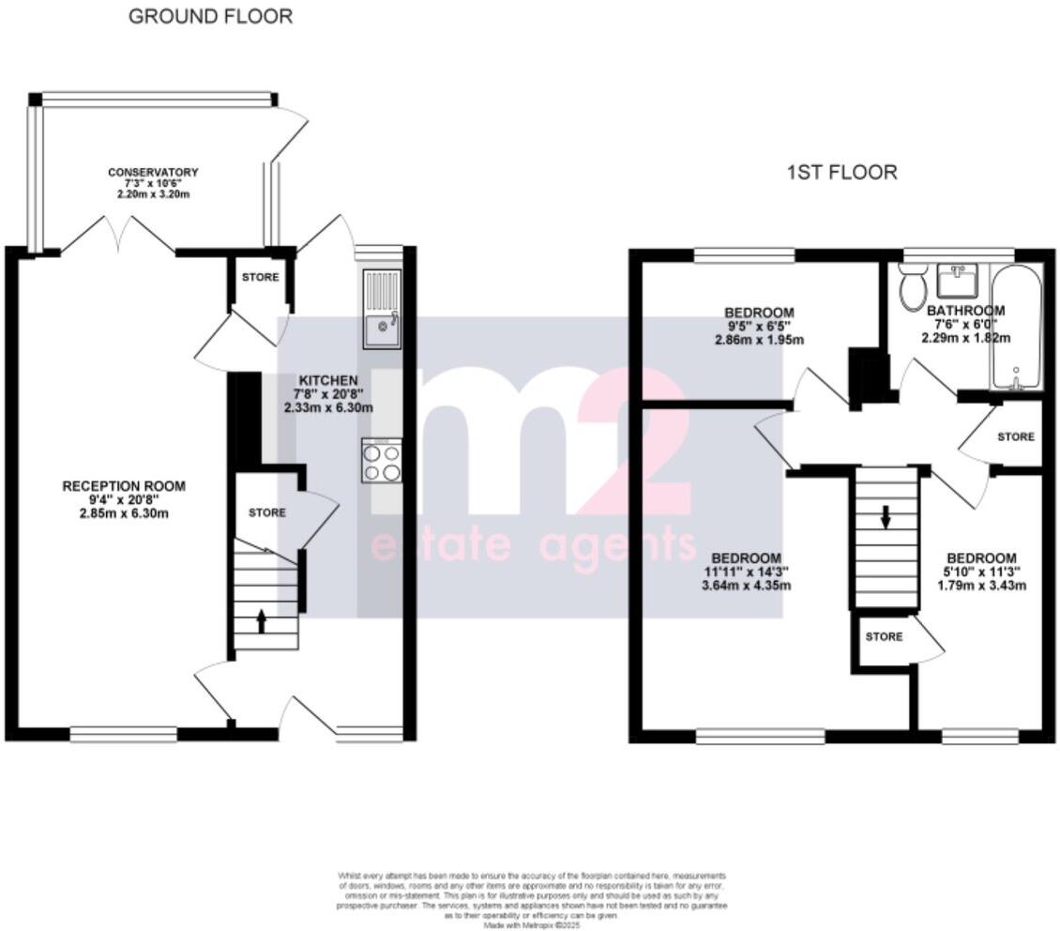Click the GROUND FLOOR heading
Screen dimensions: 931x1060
(210, 16)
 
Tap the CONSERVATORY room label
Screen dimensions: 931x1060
(153, 178)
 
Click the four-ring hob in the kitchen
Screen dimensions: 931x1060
(380, 461)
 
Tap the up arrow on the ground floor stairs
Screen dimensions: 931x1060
(262, 620)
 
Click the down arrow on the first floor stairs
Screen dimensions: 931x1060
(884, 517)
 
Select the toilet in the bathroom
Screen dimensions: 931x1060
(910, 287)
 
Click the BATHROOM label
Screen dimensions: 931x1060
(965, 310)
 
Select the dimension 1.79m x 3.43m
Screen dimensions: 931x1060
(982, 587)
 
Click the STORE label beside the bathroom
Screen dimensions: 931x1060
(1015, 436)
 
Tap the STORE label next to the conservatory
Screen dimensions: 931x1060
(260, 278)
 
